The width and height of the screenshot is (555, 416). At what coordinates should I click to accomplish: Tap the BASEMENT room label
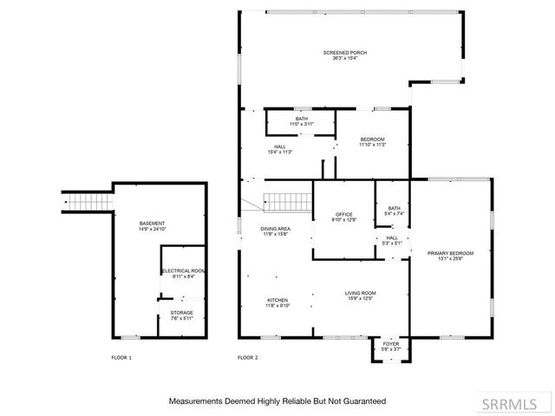(x=152, y=224)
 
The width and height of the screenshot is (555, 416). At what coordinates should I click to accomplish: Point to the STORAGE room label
(x=181, y=312)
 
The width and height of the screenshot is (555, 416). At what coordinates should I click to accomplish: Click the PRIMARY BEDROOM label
(x=449, y=253)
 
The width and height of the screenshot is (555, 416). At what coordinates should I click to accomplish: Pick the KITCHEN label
(x=277, y=300)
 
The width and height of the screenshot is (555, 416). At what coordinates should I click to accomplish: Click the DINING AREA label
(x=274, y=229)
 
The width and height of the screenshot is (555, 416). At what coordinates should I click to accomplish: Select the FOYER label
(x=391, y=343)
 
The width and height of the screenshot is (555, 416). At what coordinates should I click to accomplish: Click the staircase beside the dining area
(x=287, y=202)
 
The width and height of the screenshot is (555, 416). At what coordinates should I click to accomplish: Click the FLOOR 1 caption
(x=122, y=357)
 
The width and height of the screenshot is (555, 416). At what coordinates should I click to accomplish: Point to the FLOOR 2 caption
(x=248, y=357)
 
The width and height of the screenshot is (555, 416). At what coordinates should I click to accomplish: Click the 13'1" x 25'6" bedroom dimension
(x=449, y=258)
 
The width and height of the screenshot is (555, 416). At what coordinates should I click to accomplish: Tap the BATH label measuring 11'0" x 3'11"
(x=302, y=119)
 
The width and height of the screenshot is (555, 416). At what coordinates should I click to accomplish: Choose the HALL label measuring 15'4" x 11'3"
(x=280, y=146)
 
